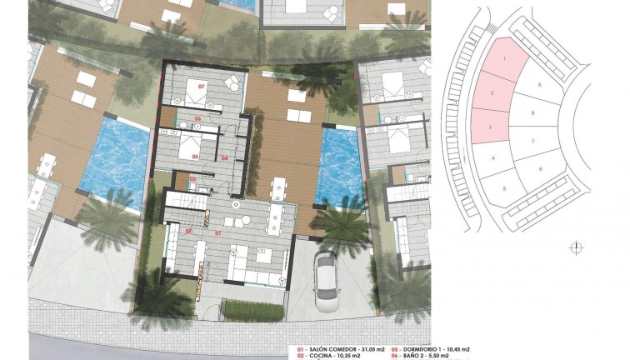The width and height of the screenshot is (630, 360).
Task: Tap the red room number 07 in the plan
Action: (x=201, y=85)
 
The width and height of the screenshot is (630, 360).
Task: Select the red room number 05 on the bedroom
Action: (x=194, y=156)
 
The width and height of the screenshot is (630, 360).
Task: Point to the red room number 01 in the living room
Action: (x=220, y=232)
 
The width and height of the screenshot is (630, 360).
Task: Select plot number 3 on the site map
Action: (x=491, y=127)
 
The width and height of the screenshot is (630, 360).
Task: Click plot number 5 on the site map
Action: (x=505, y=188)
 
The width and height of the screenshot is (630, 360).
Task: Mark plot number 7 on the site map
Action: (x=532, y=141)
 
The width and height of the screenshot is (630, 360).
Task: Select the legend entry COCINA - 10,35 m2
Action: (x=337, y=356)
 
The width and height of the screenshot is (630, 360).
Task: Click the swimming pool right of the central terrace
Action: (x=338, y=166)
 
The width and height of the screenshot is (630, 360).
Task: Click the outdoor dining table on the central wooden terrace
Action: (x=278, y=187)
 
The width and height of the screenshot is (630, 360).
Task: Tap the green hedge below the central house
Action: (x=253, y=311)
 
